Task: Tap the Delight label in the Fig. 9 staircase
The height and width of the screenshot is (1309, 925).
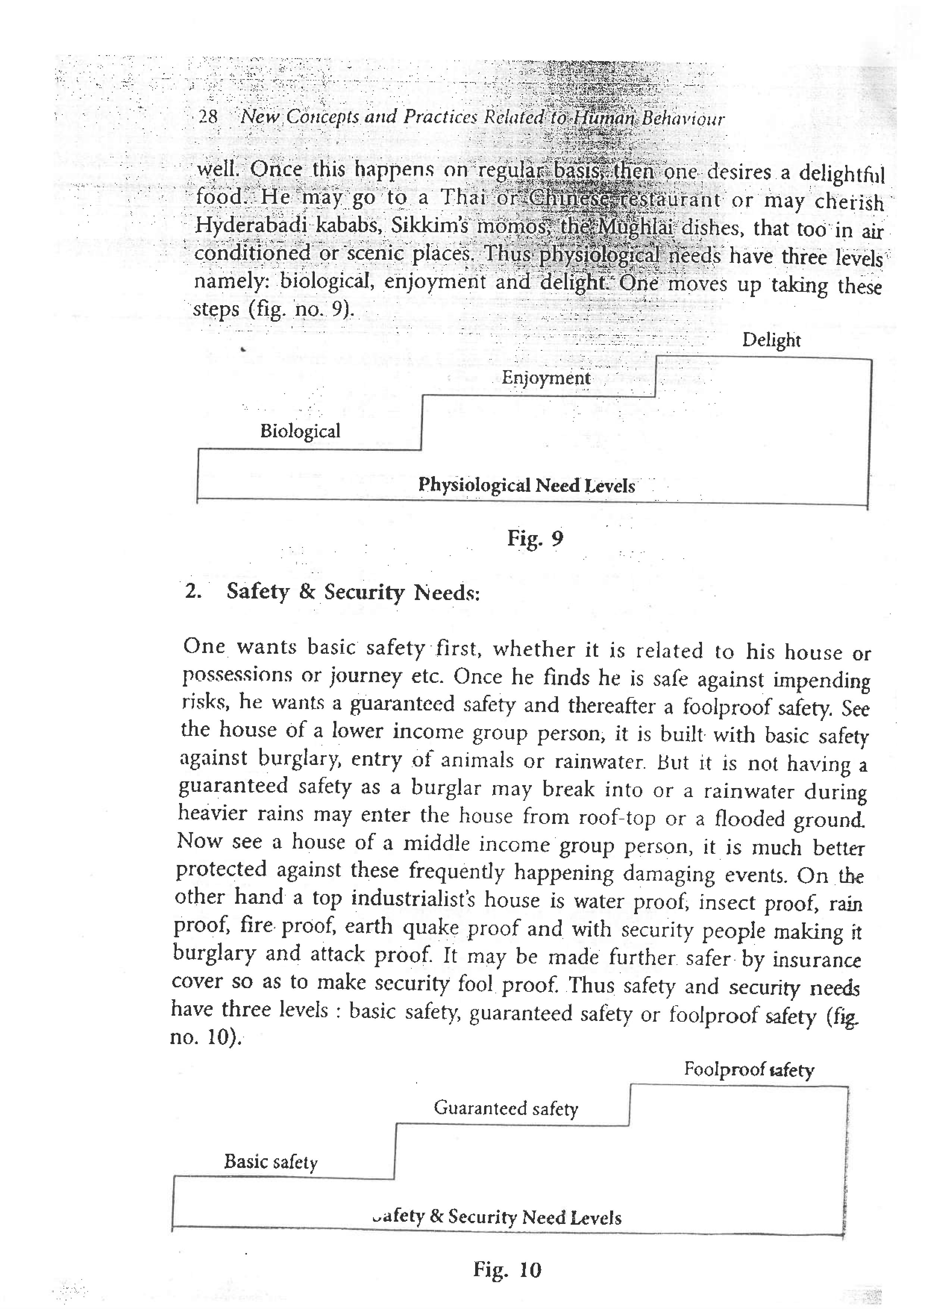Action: click(x=771, y=340)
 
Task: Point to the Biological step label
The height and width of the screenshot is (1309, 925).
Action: click(x=300, y=431)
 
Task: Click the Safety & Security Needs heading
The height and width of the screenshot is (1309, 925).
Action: click(x=353, y=592)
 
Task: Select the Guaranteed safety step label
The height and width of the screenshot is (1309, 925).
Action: click(x=505, y=1108)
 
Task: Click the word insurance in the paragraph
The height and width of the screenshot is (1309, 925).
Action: click(x=816, y=959)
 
